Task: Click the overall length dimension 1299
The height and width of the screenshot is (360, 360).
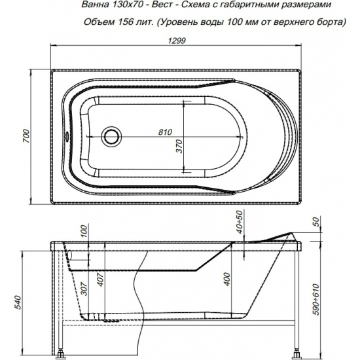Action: pos(171,41)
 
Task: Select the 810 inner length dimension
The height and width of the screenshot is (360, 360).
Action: pos(166,131)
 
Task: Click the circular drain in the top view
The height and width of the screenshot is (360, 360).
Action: pos(111,137)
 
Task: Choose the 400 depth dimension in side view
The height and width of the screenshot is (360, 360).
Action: pos(226,279)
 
